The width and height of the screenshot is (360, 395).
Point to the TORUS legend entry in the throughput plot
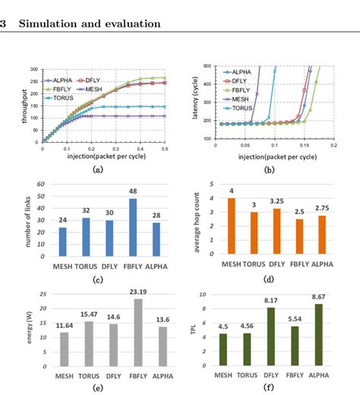click(x=61, y=98)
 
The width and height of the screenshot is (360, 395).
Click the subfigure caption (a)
click(x=96, y=171)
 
